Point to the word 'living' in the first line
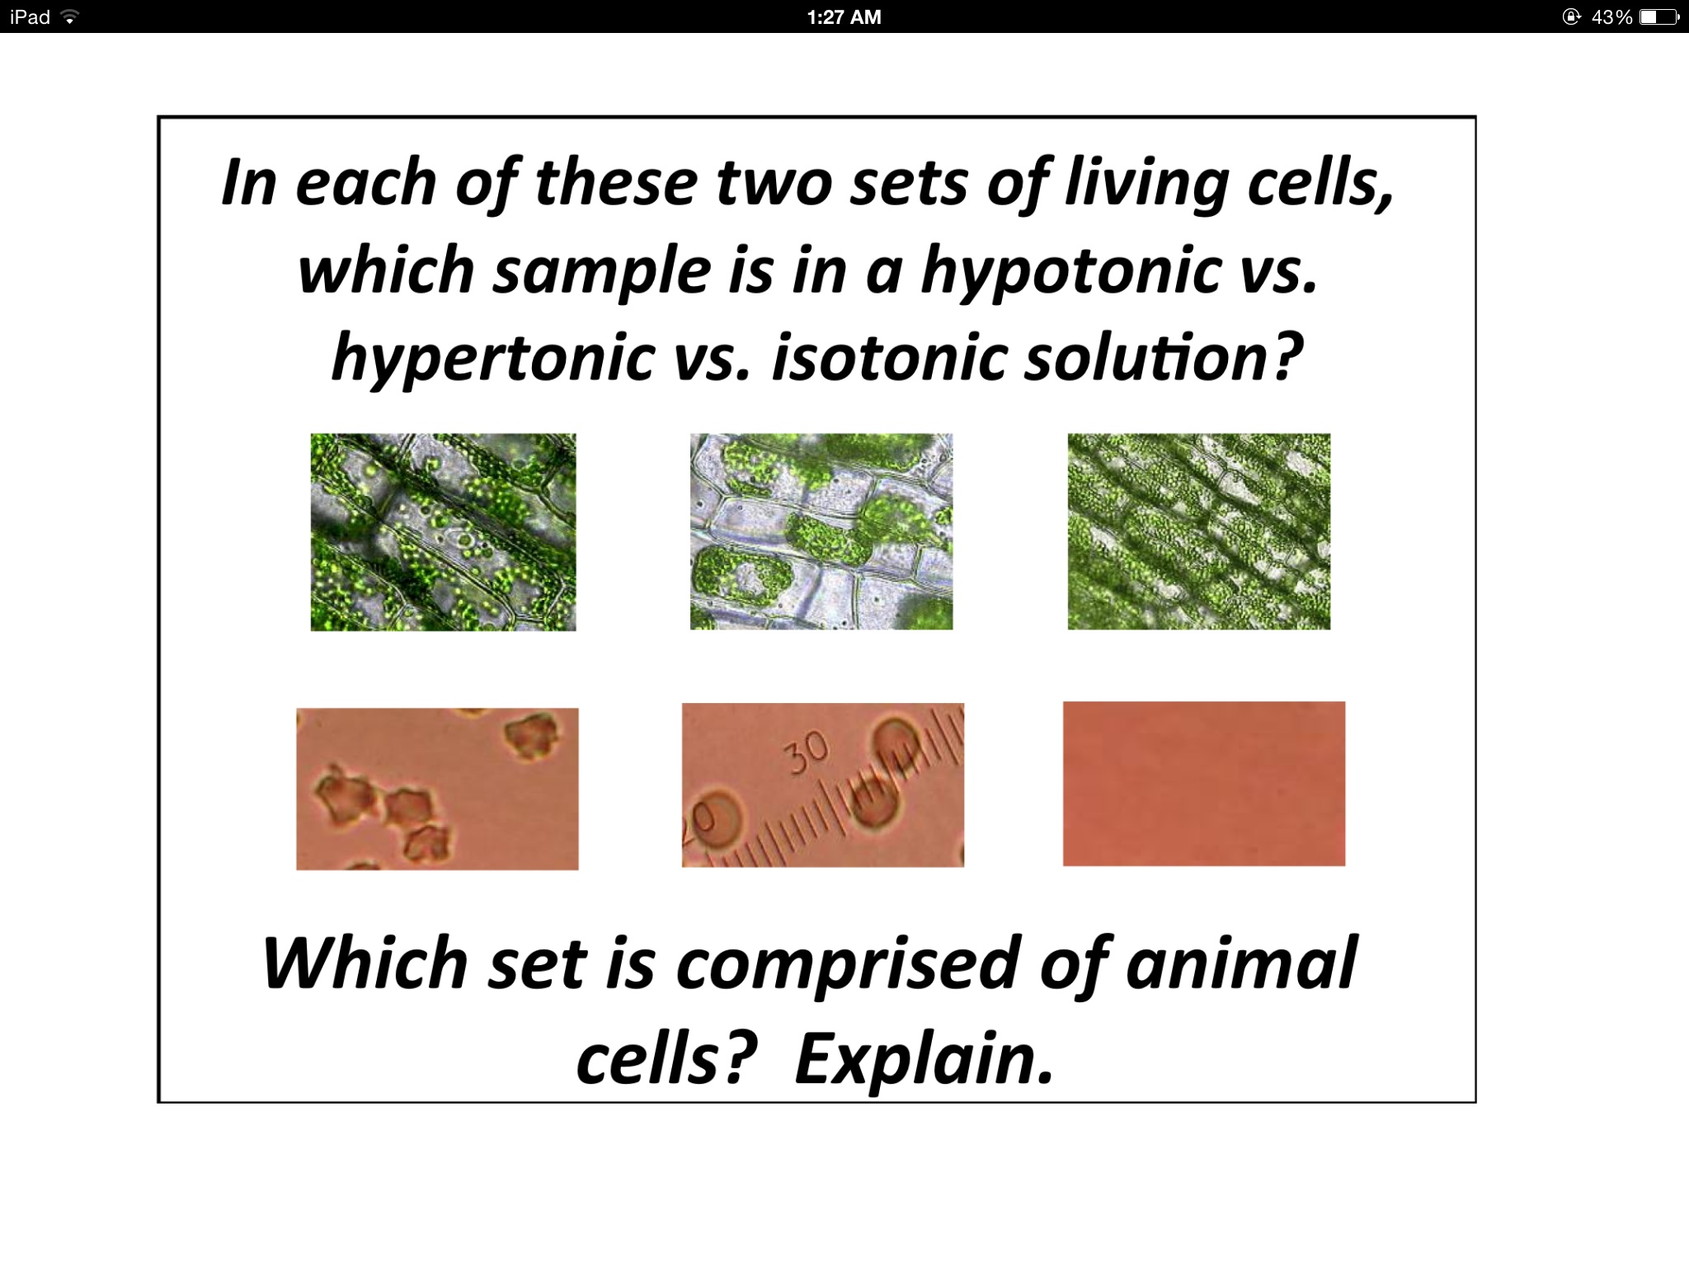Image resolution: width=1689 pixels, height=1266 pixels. pos(1146,185)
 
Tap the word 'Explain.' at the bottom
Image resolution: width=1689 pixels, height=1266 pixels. pos(924,1060)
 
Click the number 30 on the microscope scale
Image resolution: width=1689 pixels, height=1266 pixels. pos(807,752)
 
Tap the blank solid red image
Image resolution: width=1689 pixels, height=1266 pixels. pos(1203,783)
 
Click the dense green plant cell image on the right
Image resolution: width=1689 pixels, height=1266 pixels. pos(1198,532)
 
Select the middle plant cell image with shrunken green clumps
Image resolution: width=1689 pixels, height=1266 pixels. pos(821,532)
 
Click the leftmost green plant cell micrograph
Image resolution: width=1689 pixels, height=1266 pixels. pos(443,532)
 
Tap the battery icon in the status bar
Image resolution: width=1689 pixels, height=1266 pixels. pos(1658,16)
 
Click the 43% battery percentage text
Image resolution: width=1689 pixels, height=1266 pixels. pos(1611,16)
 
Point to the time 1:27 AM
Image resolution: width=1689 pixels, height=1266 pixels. pos(844,16)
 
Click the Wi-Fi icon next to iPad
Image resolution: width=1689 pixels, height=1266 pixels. pos(70,16)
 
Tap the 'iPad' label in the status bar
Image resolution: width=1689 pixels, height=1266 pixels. pos(30,16)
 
